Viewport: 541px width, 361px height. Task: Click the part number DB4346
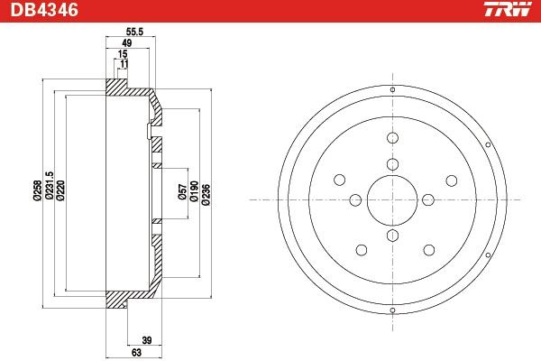pyautogui.click(x=41, y=12)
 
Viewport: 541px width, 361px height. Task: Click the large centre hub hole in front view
pyautogui.click(x=392, y=199)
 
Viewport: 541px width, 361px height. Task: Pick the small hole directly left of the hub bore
pyautogui.click(x=356, y=199)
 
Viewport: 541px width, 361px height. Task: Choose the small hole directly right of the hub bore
pyautogui.click(x=427, y=199)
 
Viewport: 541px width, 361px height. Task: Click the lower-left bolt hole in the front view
pyautogui.click(x=361, y=249)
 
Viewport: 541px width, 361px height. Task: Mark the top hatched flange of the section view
pyautogui.click(x=117, y=88)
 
